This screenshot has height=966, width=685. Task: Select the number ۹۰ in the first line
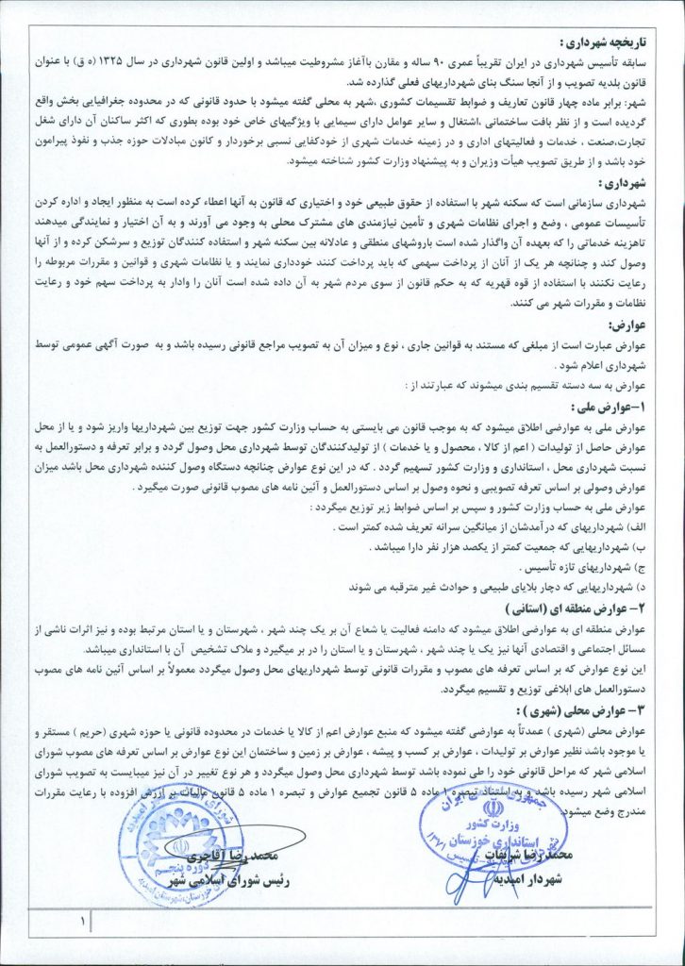click(436, 60)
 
